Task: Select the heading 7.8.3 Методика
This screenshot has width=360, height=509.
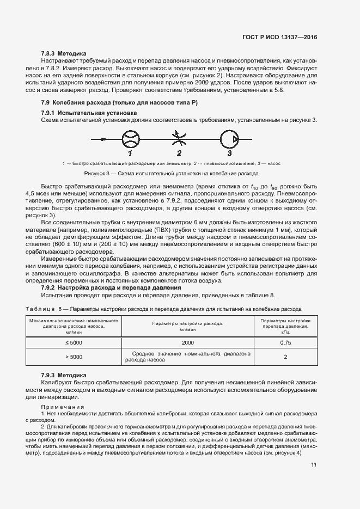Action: click(x=64, y=54)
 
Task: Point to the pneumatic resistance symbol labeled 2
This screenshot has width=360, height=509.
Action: click(x=178, y=140)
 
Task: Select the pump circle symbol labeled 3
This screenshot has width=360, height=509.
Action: click(x=229, y=140)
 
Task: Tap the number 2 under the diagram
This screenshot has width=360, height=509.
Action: click(x=178, y=154)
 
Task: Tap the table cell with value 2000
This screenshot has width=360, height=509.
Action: click(x=188, y=343)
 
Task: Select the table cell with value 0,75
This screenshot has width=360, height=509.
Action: click(x=285, y=343)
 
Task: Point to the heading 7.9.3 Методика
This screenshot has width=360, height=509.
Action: click(x=64, y=376)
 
